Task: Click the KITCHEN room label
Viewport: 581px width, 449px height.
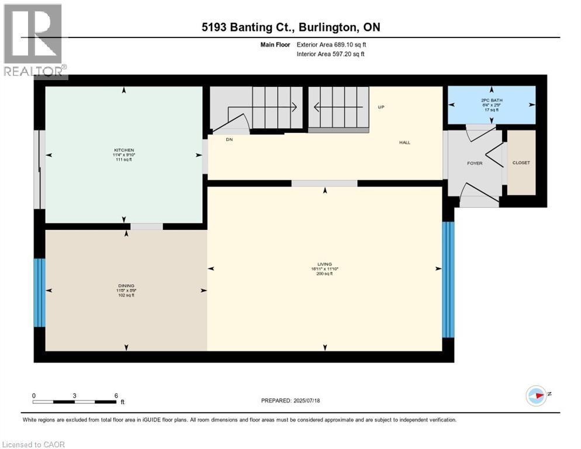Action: click(125, 150)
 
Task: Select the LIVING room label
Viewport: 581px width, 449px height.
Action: click(326, 264)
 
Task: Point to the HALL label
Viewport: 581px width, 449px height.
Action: click(404, 142)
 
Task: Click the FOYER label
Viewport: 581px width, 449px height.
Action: click(475, 163)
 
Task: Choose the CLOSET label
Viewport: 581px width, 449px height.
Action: click(521, 163)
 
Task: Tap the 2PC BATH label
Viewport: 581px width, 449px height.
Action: click(491, 101)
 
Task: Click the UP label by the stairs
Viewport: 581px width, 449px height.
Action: click(381, 107)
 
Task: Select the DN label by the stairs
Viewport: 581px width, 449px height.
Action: click(230, 140)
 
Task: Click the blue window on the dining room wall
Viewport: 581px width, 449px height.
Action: click(39, 292)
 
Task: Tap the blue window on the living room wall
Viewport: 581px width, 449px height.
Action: click(448, 279)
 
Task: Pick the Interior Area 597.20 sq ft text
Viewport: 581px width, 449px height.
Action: click(331, 54)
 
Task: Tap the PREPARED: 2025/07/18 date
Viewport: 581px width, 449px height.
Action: click(290, 400)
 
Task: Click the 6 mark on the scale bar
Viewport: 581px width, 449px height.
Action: click(116, 395)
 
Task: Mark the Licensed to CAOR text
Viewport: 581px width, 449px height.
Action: click(34, 444)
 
